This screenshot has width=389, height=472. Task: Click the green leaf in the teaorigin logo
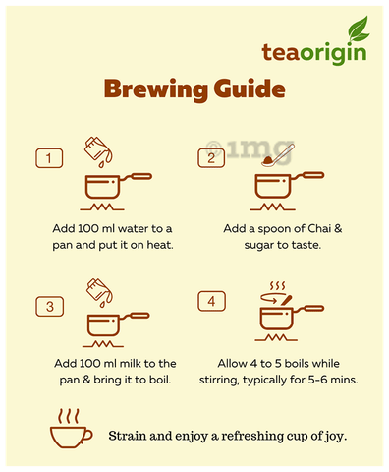(359, 29)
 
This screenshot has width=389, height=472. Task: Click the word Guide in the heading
(250, 89)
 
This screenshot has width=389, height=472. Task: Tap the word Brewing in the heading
(156, 89)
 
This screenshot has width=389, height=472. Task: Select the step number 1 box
(49, 158)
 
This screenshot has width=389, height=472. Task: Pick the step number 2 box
(211, 158)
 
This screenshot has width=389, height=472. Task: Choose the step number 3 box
(49, 307)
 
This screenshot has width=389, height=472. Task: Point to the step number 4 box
(211, 301)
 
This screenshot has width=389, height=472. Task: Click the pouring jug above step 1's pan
(98, 151)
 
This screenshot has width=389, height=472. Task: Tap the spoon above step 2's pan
(278, 155)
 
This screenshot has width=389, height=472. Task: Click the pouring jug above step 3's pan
(99, 292)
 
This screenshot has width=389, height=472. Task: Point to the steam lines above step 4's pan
(277, 286)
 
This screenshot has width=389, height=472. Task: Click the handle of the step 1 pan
(136, 177)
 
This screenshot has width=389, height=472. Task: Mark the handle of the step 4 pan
(307, 309)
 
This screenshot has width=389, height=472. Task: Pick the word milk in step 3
(130, 363)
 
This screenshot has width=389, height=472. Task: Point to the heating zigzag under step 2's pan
(272, 206)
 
